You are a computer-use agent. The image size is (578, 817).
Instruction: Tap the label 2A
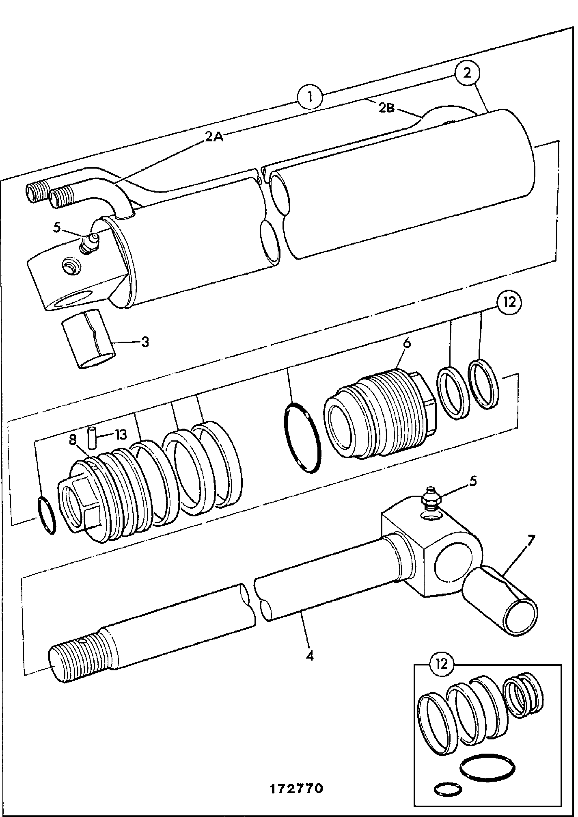(214, 137)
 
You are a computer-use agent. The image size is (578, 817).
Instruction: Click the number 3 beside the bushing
(145, 342)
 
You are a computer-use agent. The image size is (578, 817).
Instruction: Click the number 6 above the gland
(407, 342)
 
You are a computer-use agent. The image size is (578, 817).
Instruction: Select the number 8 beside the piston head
(73, 440)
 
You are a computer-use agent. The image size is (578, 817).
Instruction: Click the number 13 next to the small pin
(121, 435)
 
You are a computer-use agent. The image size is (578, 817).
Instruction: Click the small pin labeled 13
(92, 438)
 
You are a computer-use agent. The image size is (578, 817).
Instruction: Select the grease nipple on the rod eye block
(431, 498)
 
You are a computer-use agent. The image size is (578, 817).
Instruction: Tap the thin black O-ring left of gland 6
(302, 437)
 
